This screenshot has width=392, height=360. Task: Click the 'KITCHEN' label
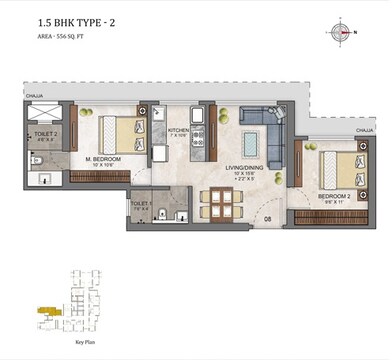click(x=178, y=130)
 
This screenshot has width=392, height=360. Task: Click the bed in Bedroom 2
click(x=332, y=167)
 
